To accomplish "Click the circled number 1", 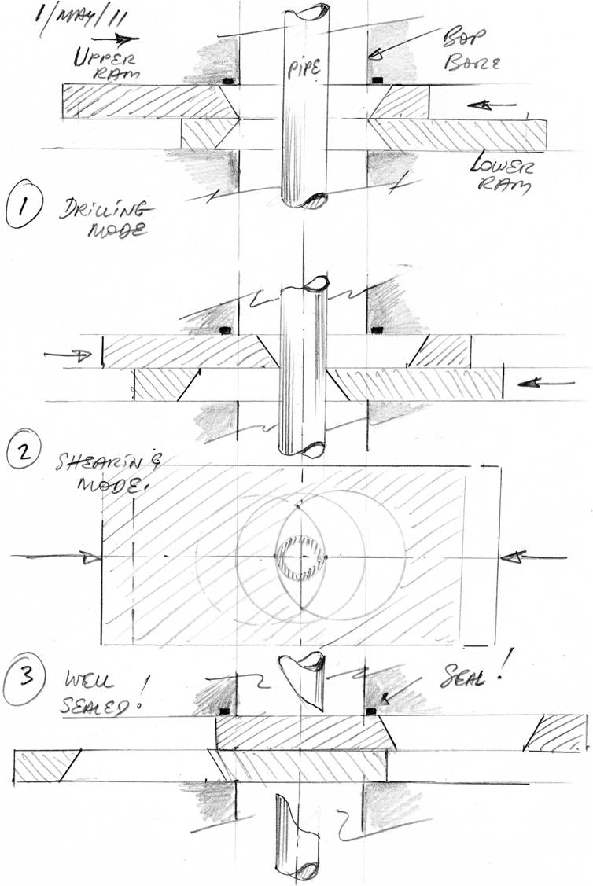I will [x=27, y=211].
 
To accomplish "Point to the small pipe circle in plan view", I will [x=301, y=557].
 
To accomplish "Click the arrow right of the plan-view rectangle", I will [x=535, y=557].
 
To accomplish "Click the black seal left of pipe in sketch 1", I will [x=229, y=81].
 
